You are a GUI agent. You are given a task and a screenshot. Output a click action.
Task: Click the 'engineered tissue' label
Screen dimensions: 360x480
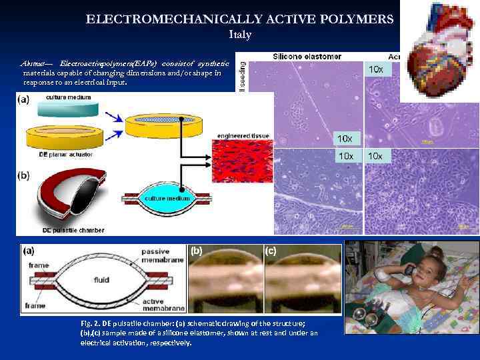click(x=244, y=136)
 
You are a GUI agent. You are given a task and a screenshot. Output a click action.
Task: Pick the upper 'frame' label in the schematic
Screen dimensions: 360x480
click(x=39, y=265)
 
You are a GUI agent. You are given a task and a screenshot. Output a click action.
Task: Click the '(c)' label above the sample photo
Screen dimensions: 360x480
click(x=271, y=251)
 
